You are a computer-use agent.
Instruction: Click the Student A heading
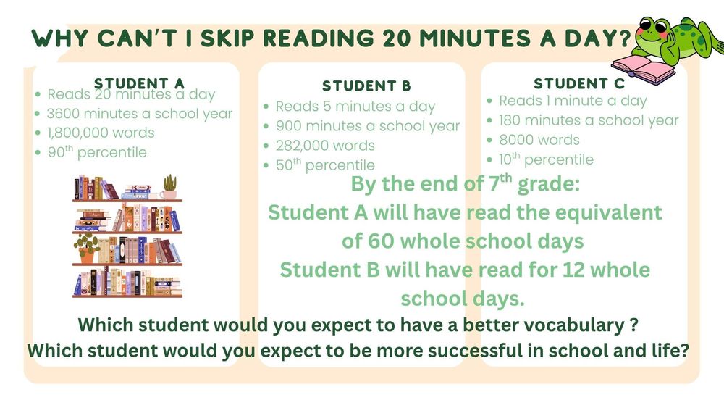tap(139, 83)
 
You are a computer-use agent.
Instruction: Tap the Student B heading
tap(366, 86)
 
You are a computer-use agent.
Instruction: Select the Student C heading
tap(578, 83)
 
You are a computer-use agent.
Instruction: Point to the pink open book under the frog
tap(650, 70)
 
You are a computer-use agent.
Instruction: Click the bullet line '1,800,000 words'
tap(101, 133)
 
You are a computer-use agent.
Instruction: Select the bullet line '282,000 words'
tap(325, 146)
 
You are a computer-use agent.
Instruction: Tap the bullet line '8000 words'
tap(539, 140)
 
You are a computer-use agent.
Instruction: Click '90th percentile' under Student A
tap(96, 152)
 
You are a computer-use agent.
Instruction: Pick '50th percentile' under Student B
tap(325, 165)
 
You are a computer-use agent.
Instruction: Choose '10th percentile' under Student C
tap(546, 159)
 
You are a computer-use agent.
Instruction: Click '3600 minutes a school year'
tap(139, 113)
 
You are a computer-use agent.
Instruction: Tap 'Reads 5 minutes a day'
tap(355, 107)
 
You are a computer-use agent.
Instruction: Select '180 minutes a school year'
tap(589, 120)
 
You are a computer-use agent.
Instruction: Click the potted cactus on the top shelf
tap(170, 186)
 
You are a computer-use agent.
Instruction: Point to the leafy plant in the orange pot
tap(87, 246)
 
